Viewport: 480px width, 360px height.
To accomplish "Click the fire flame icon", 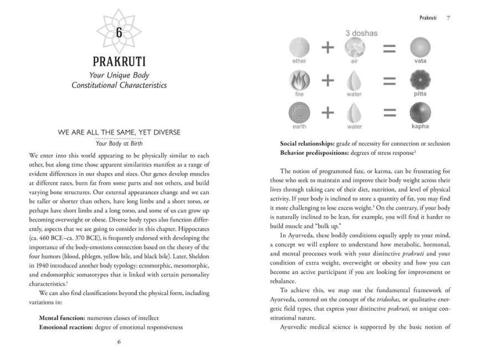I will [x=299, y=81].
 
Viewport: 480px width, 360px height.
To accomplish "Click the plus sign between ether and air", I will [x=328, y=48].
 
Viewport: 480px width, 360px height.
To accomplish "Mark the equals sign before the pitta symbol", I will [x=390, y=81].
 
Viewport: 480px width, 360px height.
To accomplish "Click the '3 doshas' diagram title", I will [x=361, y=33].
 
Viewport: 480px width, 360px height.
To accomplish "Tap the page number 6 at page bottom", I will [x=119, y=342].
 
